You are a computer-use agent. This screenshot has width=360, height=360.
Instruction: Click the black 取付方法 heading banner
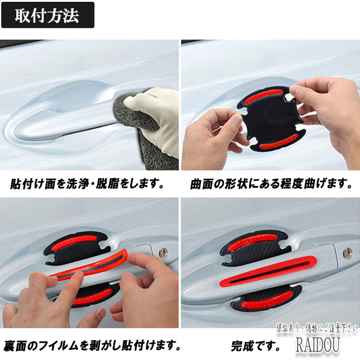(48, 15)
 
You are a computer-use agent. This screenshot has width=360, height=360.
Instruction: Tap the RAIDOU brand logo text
(318, 344)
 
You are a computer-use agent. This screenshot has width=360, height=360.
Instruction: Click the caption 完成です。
(256, 346)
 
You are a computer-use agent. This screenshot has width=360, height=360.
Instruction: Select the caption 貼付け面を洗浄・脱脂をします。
(87, 184)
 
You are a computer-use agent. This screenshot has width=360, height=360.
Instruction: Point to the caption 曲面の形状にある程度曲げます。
(271, 184)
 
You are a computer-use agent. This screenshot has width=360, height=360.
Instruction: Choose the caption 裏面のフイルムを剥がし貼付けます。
(92, 346)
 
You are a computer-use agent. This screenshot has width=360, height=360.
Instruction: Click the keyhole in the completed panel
(347, 253)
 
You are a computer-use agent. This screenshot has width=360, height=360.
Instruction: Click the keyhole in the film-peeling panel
(163, 253)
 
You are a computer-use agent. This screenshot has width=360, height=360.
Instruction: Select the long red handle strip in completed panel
(268, 272)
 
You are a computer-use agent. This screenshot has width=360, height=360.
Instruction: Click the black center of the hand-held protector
(272, 119)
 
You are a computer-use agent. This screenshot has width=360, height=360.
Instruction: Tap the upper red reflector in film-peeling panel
(76, 242)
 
